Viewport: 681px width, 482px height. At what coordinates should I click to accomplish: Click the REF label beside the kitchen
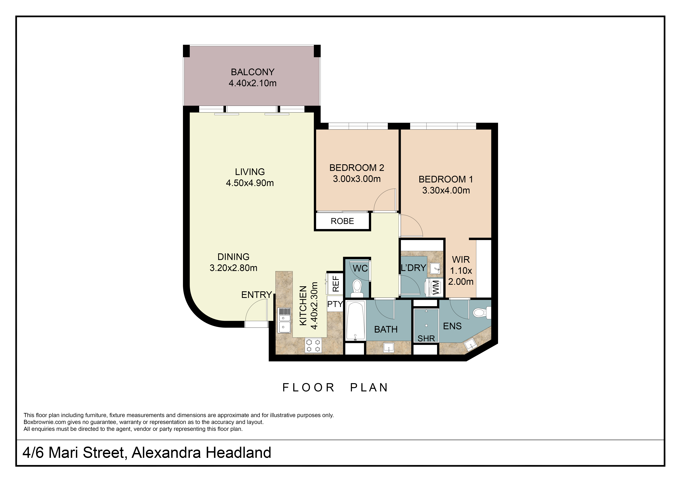(335, 284)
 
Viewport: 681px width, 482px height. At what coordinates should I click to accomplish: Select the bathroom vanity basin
(389, 347)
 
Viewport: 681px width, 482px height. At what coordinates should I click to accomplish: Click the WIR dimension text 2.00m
(461, 281)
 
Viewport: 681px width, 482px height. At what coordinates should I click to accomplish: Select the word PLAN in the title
(369, 388)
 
